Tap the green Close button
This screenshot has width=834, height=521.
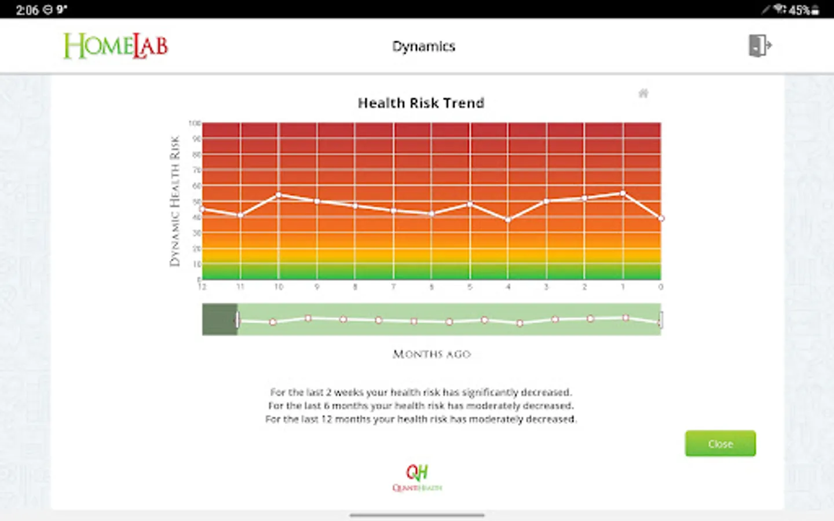pyautogui.click(x=720, y=443)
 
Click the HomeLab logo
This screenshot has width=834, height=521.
pyautogui.click(x=115, y=46)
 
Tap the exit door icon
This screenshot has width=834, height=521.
pyautogui.click(x=759, y=45)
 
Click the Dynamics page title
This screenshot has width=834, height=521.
pyautogui.click(x=423, y=46)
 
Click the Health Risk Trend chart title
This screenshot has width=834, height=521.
pyautogui.click(x=420, y=103)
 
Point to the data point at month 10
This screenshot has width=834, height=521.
pyautogui.click(x=279, y=195)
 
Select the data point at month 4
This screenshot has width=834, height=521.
pyautogui.click(x=508, y=220)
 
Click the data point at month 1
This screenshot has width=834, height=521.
pyautogui.click(x=623, y=193)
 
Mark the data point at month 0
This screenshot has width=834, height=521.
pyautogui.click(x=661, y=218)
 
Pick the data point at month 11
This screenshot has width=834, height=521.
pyautogui.click(x=240, y=215)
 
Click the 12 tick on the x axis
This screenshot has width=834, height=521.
pyautogui.click(x=202, y=287)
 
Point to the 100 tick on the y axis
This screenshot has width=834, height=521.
pyautogui.click(x=195, y=123)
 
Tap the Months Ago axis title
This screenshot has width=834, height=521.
pyautogui.click(x=431, y=354)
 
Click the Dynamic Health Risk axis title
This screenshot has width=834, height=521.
pyautogui.click(x=174, y=201)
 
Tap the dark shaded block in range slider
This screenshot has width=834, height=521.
pyautogui.click(x=219, y=319)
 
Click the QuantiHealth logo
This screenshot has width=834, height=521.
pyautogui.click(x=417, y=478)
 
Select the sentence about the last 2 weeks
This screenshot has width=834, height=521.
pyautogui.click(x=420, y=392)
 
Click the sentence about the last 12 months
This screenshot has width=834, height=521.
pyautogui.click(x=420, y=419)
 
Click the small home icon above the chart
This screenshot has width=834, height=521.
pyautogui.click(x=643, y=93)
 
